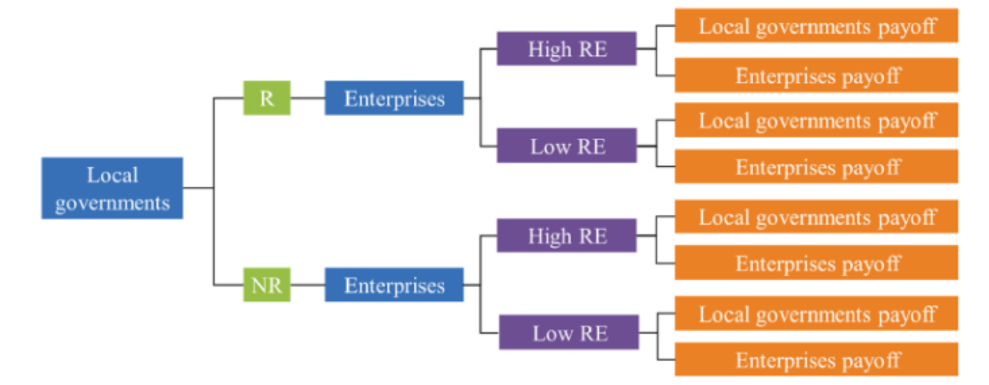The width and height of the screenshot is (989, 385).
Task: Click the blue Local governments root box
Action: click(x=112, y=188)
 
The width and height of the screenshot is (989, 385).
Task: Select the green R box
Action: click(x=267, y=98)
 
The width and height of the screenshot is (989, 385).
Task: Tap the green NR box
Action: click(x=267, y=285)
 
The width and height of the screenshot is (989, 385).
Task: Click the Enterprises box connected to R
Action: click(x=394, y=98)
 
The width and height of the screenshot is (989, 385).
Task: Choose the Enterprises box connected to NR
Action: click(x=394, y=285)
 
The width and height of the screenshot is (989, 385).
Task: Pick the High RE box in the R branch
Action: click(x=567, y=49)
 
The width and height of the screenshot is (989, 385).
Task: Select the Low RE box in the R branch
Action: click(x=567, y=145)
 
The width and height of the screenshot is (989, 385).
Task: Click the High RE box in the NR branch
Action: click(x=567, y=235)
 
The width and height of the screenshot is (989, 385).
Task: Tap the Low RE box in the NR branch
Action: click(x=569, y=332)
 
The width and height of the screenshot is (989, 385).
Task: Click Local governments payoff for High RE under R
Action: click(x=816, y=26)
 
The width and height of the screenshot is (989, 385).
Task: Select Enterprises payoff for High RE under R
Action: click(x=816, y=74)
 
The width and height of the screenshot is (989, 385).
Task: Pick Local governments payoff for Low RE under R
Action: click(x=816, y=120)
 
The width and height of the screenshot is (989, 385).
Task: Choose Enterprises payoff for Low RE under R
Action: click(x=816, y=166)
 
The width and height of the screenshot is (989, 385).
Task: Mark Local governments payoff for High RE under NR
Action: click(x=816, y=217)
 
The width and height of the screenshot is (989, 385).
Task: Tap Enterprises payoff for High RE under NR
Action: click(x=816, y=263)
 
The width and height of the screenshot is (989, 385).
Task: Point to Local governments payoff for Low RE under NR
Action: click(x=816, y=313)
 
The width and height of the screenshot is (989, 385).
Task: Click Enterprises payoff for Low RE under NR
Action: click(x=816, y=359)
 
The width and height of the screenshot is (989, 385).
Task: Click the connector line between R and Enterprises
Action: click(x=308, y=98)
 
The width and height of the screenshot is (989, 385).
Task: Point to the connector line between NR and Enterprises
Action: click(x=308, y=285)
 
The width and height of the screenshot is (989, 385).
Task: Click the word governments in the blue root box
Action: click(x=112, y=203)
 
